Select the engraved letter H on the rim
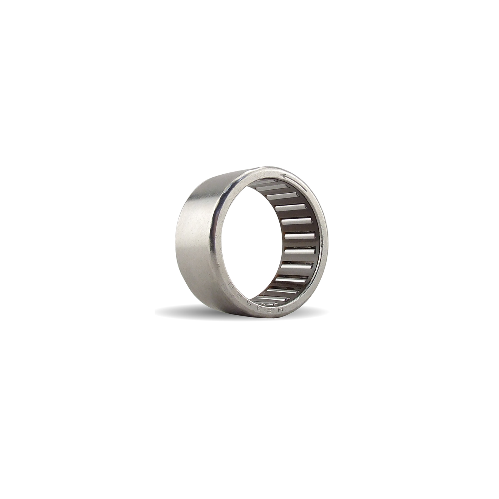point(280,309)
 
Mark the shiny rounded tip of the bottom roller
point(288,299)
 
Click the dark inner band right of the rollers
point(320,242)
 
